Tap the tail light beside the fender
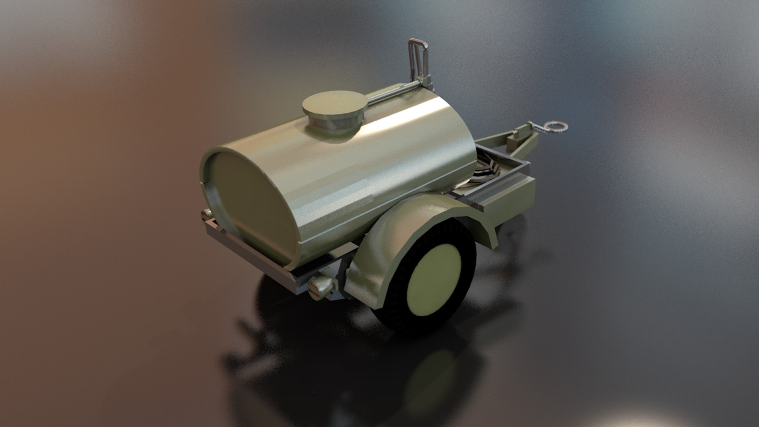pos(321,286)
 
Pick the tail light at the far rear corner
pos(206,215)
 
